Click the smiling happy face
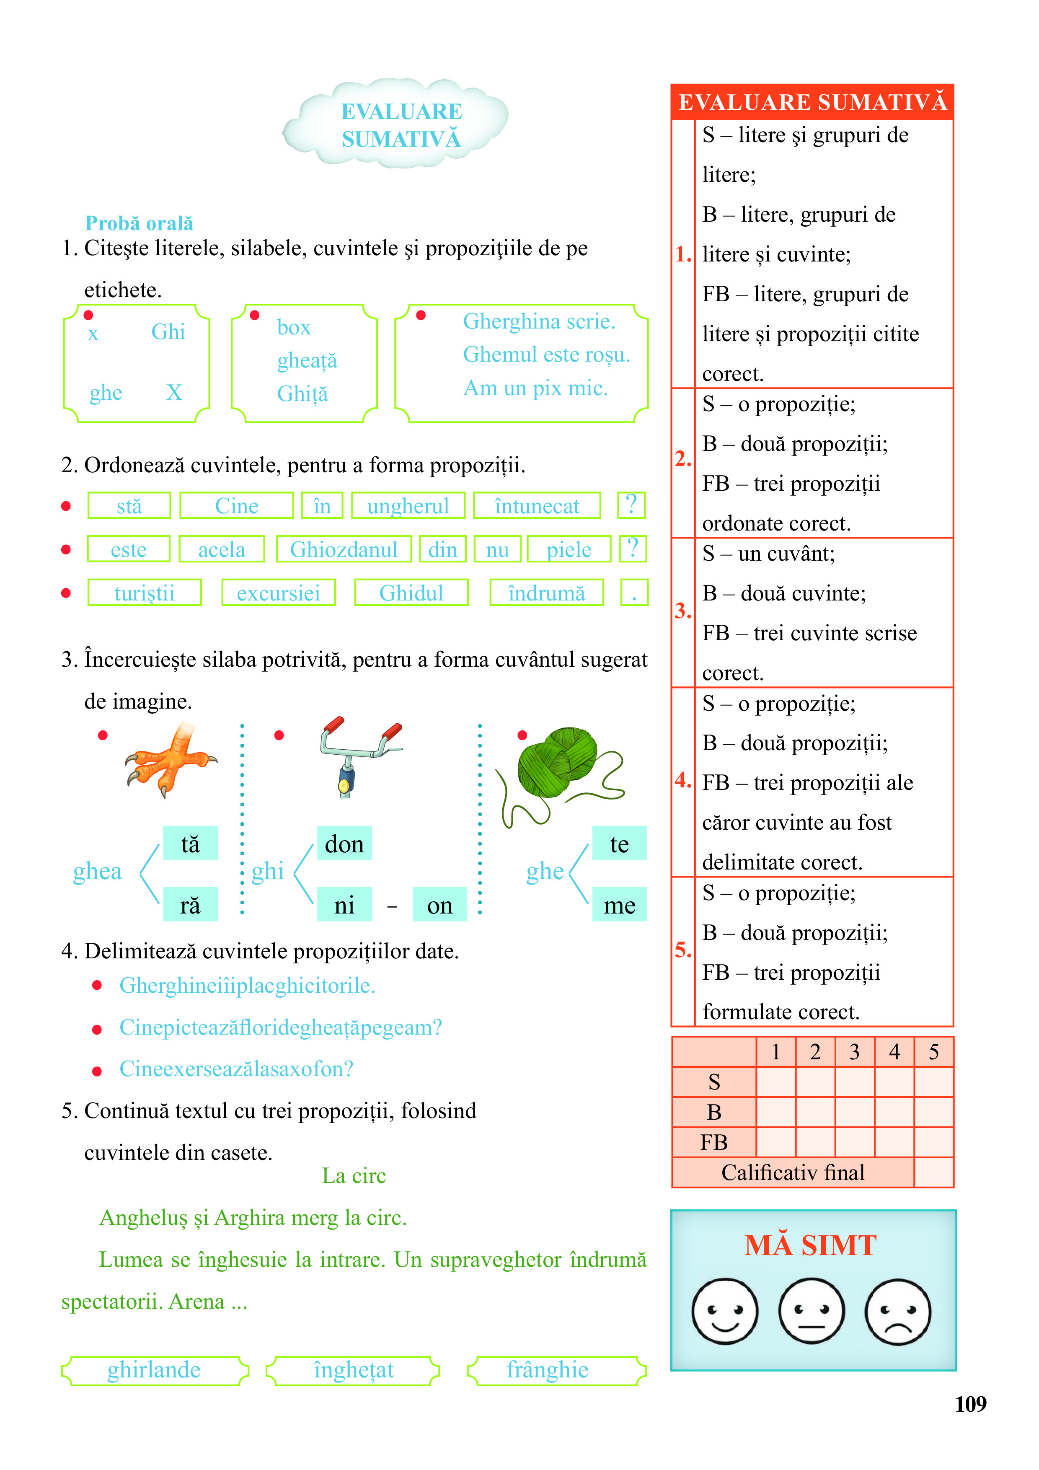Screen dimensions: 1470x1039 725,1311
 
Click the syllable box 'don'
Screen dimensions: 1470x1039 344,844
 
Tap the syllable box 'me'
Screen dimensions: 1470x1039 619,905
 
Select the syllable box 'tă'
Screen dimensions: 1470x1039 190,844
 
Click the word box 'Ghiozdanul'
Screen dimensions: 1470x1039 344,549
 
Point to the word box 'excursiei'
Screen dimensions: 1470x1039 279,593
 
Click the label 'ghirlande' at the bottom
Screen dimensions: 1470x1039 154,1370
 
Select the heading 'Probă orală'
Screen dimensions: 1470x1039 139,223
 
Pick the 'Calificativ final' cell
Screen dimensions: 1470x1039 793,1172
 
